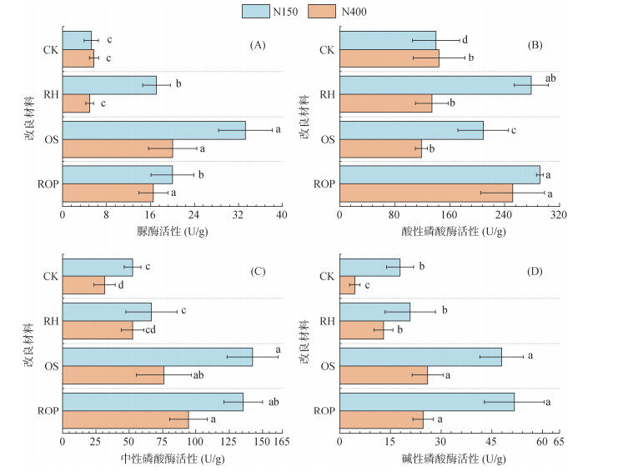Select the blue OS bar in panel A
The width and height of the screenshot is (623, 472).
(x=153, y=130)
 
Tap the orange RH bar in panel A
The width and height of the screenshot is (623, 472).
(x=76, y=103)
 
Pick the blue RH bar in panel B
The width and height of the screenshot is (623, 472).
(x=435, y=85)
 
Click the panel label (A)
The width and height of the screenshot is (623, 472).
(x=258, y=43)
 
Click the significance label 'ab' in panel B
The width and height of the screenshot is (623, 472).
(x=550, y=78)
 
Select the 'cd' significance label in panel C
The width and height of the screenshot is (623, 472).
(x=150, y=330)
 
